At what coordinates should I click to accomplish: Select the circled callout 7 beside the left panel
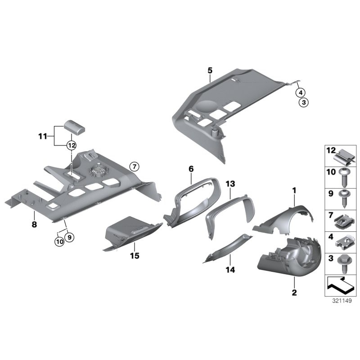134,166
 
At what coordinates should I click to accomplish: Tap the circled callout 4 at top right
299,93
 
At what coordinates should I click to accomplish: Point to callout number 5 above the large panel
210,70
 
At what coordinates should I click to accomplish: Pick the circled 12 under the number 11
71,145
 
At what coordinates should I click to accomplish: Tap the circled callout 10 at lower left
59,242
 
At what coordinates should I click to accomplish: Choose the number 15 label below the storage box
135,256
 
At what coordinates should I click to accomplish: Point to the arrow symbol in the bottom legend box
340,284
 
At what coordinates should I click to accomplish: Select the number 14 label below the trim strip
230,270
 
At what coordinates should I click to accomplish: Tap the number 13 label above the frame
230,184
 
